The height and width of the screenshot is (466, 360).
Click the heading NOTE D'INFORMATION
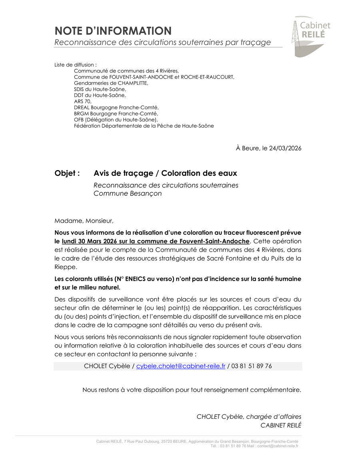click(113, 31)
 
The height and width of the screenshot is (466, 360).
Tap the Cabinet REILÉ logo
click(311, 36)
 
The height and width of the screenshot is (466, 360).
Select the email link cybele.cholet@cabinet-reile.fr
click(181, 366)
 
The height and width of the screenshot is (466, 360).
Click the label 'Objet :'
click(67, 173)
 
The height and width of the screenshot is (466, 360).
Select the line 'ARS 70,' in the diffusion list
click(83, 101)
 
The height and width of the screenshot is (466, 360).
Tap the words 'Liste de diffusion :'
click(76, 65)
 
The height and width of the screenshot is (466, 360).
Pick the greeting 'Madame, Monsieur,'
click(84, 221)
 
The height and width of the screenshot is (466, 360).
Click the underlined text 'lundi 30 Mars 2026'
click(94, 241)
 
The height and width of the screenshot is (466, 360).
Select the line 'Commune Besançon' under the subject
click(128, 193)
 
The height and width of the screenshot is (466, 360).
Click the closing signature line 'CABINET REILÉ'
click(281, 425)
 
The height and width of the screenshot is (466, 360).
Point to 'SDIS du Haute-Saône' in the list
click(100, 89)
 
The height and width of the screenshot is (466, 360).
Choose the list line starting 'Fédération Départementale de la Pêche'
click(144, 126)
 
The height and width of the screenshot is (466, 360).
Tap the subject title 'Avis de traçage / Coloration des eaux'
click(165, 173)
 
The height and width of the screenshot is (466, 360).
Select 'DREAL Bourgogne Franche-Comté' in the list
click(116, 107)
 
